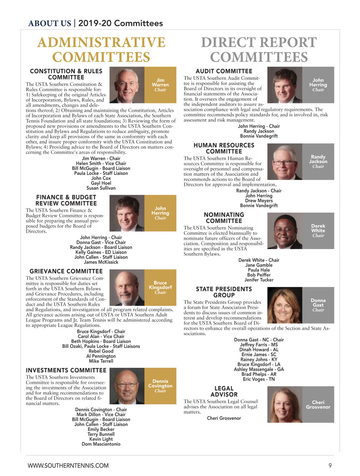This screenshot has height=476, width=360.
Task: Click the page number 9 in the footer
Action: (x=330, y=466)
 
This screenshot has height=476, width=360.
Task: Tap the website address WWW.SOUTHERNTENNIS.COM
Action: (x=68, y=466)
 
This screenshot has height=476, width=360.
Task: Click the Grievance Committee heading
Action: (x=66, y=271)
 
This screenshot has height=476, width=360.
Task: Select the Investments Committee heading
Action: (x=66, y=370)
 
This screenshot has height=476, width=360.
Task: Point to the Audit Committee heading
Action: (x=224, y=71)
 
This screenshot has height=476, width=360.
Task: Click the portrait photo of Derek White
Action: (x=284, y=231)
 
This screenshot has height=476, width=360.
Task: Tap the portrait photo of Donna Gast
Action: (x=284, y=305)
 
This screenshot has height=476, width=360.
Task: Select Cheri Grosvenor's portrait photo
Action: (x=284, y=404)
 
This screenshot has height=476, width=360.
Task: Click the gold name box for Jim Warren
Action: (x=160, y=85)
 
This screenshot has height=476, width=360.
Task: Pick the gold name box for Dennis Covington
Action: (x=160, y=386)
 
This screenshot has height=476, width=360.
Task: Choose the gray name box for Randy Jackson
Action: (x=318, y=162)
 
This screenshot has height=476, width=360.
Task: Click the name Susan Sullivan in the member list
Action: (x=101, y=188)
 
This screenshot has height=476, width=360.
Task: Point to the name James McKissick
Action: (x=101, y=262)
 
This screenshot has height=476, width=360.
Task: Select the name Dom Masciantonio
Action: (x=101, y=444)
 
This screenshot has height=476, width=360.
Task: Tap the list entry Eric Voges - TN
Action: (x=259, y=379)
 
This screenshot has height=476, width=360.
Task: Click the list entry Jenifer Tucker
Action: (x=259, y=280)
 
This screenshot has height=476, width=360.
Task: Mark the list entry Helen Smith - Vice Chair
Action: (x=101, y=163)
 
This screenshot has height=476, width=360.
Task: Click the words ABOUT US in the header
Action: (x=49, y=23)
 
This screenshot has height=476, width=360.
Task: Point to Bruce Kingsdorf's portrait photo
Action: (x=127, y=287)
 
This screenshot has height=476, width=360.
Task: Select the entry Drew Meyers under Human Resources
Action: (x=259, y=201)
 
